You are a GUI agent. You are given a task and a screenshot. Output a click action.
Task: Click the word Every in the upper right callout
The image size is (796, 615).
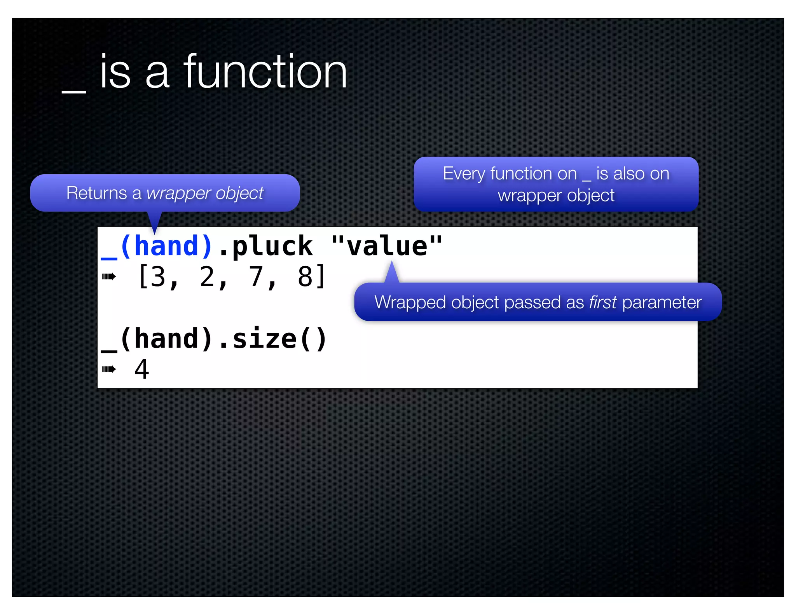[x=464, y=174]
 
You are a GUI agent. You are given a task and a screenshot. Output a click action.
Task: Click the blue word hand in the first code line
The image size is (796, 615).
[x=166, y=246]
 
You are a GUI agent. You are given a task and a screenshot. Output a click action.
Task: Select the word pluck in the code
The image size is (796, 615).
[x=272, y=246]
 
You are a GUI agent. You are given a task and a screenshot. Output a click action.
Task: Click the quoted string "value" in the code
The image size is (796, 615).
[x=386, y=246]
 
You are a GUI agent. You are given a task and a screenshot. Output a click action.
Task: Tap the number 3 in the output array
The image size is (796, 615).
[x=159, y=277]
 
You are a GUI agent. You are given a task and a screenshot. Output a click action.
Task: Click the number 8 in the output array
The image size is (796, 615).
[x=305, y=277]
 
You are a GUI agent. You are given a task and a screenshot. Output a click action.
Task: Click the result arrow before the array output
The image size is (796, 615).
[x=108, y=277]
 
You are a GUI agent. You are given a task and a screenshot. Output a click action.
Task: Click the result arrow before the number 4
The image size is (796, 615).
[x=108, y=369]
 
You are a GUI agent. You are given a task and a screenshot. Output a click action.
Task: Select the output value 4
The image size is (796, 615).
[x=142, y=369]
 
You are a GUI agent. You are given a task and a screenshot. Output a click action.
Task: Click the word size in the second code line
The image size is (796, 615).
[x=264, y=339]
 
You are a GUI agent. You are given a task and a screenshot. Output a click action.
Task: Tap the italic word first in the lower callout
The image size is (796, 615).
[x=602, y=302]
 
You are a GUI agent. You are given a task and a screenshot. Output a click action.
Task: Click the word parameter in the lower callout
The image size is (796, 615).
[x=662, y=302]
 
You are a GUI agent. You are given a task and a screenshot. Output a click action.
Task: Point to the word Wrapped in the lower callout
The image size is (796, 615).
[x=410, y=303]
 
